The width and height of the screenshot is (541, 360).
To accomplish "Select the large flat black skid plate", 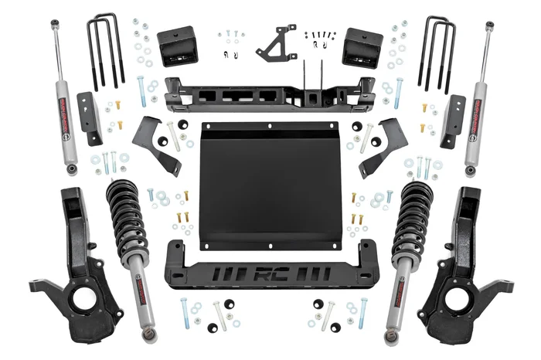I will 270,185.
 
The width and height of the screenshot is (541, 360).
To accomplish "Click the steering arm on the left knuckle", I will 40,283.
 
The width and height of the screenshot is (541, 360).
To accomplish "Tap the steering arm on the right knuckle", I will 501,283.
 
